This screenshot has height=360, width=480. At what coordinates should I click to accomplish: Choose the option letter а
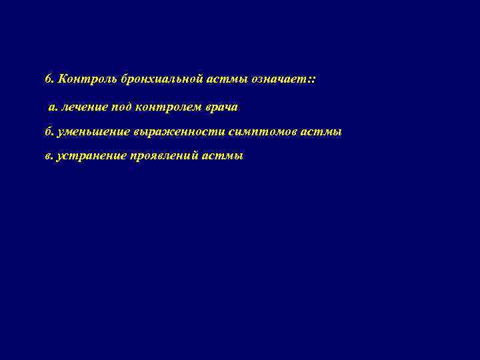51,107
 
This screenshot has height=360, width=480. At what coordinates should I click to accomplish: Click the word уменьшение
93,132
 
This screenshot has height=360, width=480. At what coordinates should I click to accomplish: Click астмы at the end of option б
323,132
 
